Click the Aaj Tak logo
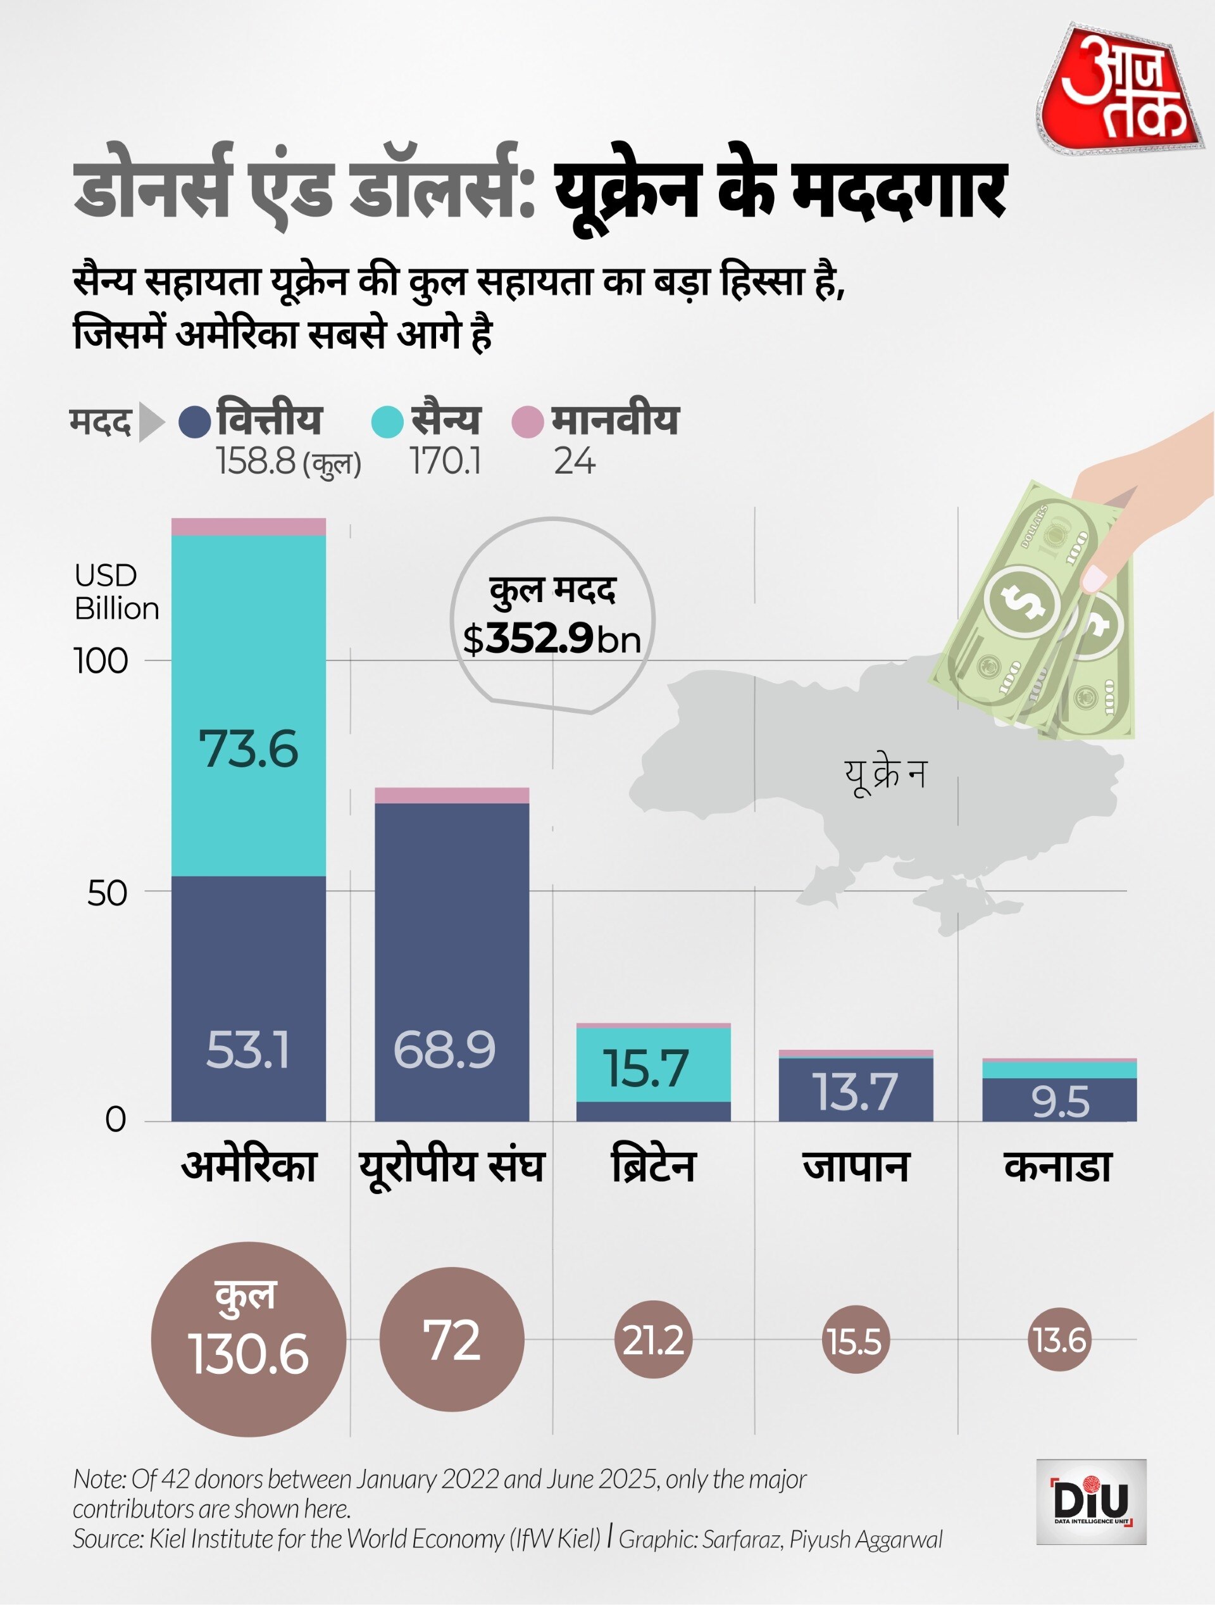[1121, 91]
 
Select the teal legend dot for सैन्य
[387, 422]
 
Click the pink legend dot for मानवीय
[527, 422]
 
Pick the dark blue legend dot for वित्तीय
[194, 422]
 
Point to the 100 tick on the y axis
[101, 661]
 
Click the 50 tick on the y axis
[107, 893]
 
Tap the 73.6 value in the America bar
[248, 749]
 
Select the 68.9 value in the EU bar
[444, 1049]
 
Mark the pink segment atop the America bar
[248, 527]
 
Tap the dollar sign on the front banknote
[1023, 601]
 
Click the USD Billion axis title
[116, 591]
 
